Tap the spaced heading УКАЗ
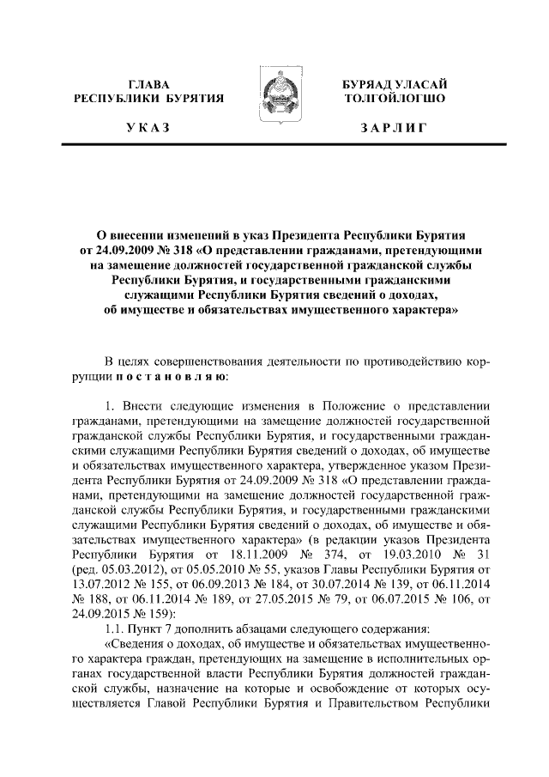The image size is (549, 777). pos(148,128)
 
